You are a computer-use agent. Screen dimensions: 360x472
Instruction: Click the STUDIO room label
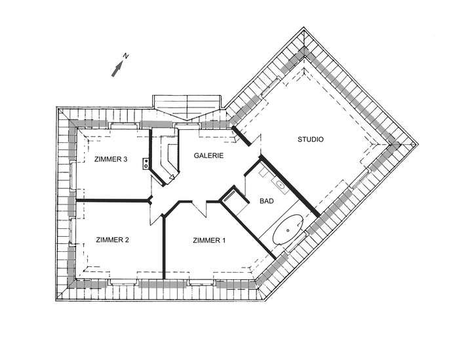pos(311,139)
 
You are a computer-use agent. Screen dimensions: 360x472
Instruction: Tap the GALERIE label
pos(209,156)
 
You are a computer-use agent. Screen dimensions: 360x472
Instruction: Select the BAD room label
pos(267,202)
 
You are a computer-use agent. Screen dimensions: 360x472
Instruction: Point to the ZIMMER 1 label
pos(209,241)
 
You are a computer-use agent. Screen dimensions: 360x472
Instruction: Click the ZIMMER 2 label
pos(112,240)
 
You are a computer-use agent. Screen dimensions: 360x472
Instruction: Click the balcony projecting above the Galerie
pos(187,106)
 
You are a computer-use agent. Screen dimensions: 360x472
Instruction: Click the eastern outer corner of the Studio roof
pos(415,144)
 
